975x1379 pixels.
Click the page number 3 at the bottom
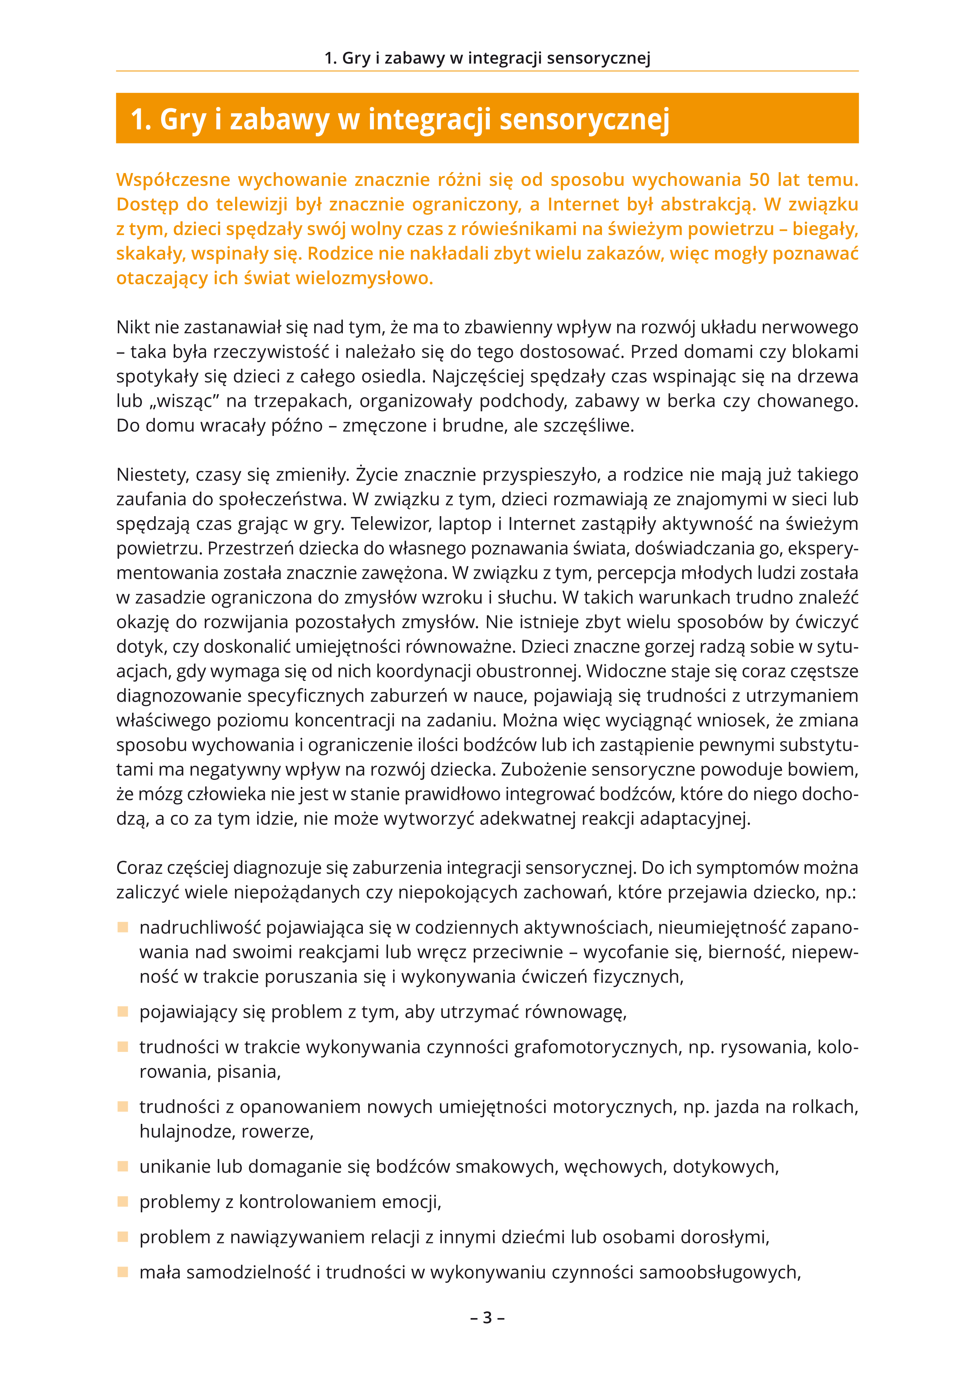(x=487, y=1317)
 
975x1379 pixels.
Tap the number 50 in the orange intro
(x=759, y=180)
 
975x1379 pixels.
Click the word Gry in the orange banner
(x=183, y=119)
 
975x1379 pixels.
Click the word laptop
(x=465, y=524)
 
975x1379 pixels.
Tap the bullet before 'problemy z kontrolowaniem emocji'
(x=123, y=1201)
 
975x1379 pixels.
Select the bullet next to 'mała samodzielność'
(x=123, y=1272)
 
